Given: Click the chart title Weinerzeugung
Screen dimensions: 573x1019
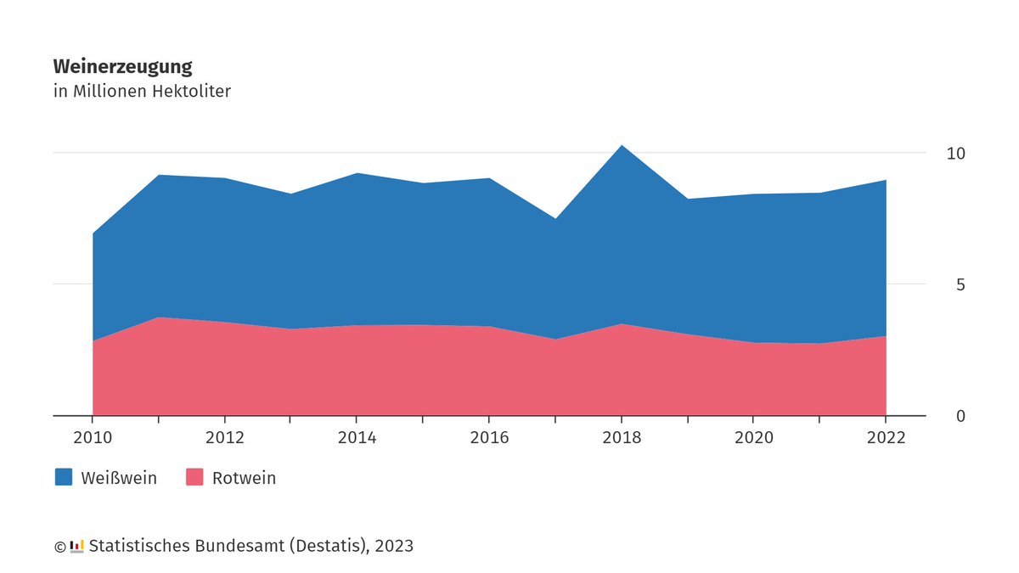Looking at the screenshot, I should click(x=122, y=66).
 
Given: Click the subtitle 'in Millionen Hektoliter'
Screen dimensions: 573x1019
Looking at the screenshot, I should click(x=142, y=91).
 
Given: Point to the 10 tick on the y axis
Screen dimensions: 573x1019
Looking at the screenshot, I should click(x=956, y=154).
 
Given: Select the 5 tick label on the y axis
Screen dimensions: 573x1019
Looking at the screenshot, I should click(x=960, y=284).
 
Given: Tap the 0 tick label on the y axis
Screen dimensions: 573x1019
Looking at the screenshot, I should click(x=960, y=416).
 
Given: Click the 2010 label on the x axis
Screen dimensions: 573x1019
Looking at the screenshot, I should click(x=92, y=438).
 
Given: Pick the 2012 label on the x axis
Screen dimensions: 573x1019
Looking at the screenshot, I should click(x=224, y=438).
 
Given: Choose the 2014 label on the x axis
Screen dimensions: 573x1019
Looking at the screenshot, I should click(x=357, y=438).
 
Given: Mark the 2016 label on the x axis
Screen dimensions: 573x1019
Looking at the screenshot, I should click(x=489, y=438).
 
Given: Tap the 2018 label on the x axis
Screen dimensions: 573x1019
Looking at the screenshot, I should click(x=622, y=438).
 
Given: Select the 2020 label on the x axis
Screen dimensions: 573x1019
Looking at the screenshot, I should click(x=754, y=438).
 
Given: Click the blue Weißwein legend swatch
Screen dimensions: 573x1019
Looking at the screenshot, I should click(x=64, y=477).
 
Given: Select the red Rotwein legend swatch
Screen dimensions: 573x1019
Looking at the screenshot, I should click(x=195, y=477).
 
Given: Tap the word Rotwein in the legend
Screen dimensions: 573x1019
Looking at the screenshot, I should click(x=244, y=478).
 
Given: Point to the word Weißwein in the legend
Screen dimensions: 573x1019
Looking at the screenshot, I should click(x=119, y=478).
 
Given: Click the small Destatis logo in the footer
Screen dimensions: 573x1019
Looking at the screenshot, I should click(x=76, y=546).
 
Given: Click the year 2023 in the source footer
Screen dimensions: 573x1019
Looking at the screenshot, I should click(x=394, y=546).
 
